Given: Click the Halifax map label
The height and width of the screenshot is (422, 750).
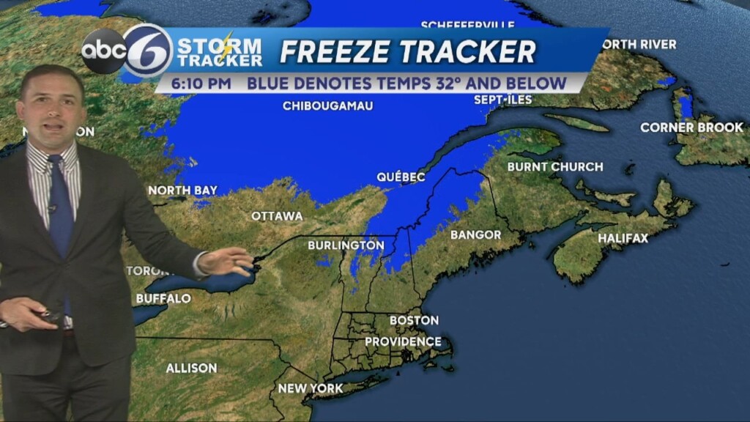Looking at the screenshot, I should point(623,238).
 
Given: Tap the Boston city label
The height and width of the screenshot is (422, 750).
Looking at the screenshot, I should point(414,320).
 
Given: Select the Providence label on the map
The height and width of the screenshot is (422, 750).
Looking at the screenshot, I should point(403,341).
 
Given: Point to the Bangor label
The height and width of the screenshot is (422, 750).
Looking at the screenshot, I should point(475,235).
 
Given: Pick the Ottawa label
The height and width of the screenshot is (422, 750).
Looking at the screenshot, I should point(277,216).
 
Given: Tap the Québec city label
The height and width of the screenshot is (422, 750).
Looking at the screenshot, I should point(401,177).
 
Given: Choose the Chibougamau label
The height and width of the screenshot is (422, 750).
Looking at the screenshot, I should point(327,106).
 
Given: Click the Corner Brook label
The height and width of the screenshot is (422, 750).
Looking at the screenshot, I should point(691,127).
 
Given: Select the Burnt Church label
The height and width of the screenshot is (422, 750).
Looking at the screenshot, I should point(555,167).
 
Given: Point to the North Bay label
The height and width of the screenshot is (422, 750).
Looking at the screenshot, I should point(182,190).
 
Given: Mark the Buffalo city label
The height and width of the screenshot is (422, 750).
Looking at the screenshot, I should point(163,299).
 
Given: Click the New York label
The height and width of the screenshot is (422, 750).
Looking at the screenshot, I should point(311,388).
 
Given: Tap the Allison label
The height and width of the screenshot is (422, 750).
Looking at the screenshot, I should point(191,368).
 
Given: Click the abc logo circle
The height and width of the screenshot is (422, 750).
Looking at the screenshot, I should point(103,51).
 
